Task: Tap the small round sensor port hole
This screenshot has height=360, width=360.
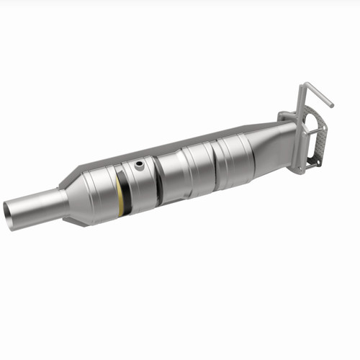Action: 139,166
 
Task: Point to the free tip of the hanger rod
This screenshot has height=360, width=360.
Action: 330,104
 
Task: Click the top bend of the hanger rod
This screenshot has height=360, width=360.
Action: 305,86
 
